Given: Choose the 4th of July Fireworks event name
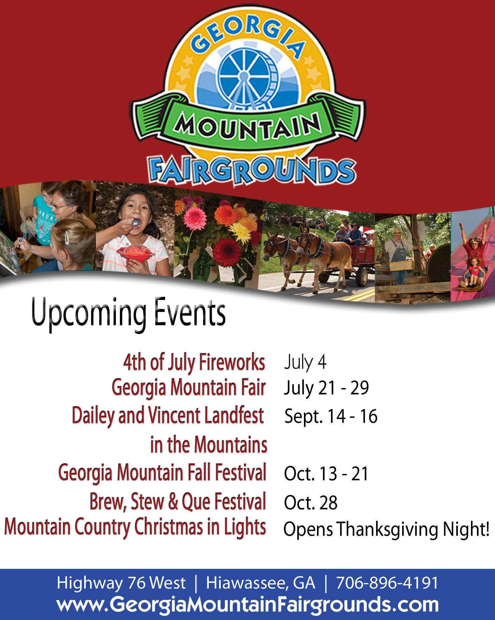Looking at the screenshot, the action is (x=194, y=363).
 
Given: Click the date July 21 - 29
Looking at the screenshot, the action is (x=326, y=388).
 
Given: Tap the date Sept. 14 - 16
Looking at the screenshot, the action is (x=331, y=416).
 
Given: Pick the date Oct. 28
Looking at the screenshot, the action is (x=311, y=503).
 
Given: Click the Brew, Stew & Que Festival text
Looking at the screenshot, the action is (x=178, y=502).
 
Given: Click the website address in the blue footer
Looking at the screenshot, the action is (x=247, y=603).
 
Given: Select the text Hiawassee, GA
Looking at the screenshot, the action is (x=261, y=583).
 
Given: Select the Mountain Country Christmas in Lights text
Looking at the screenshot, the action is (x=135, y=527).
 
